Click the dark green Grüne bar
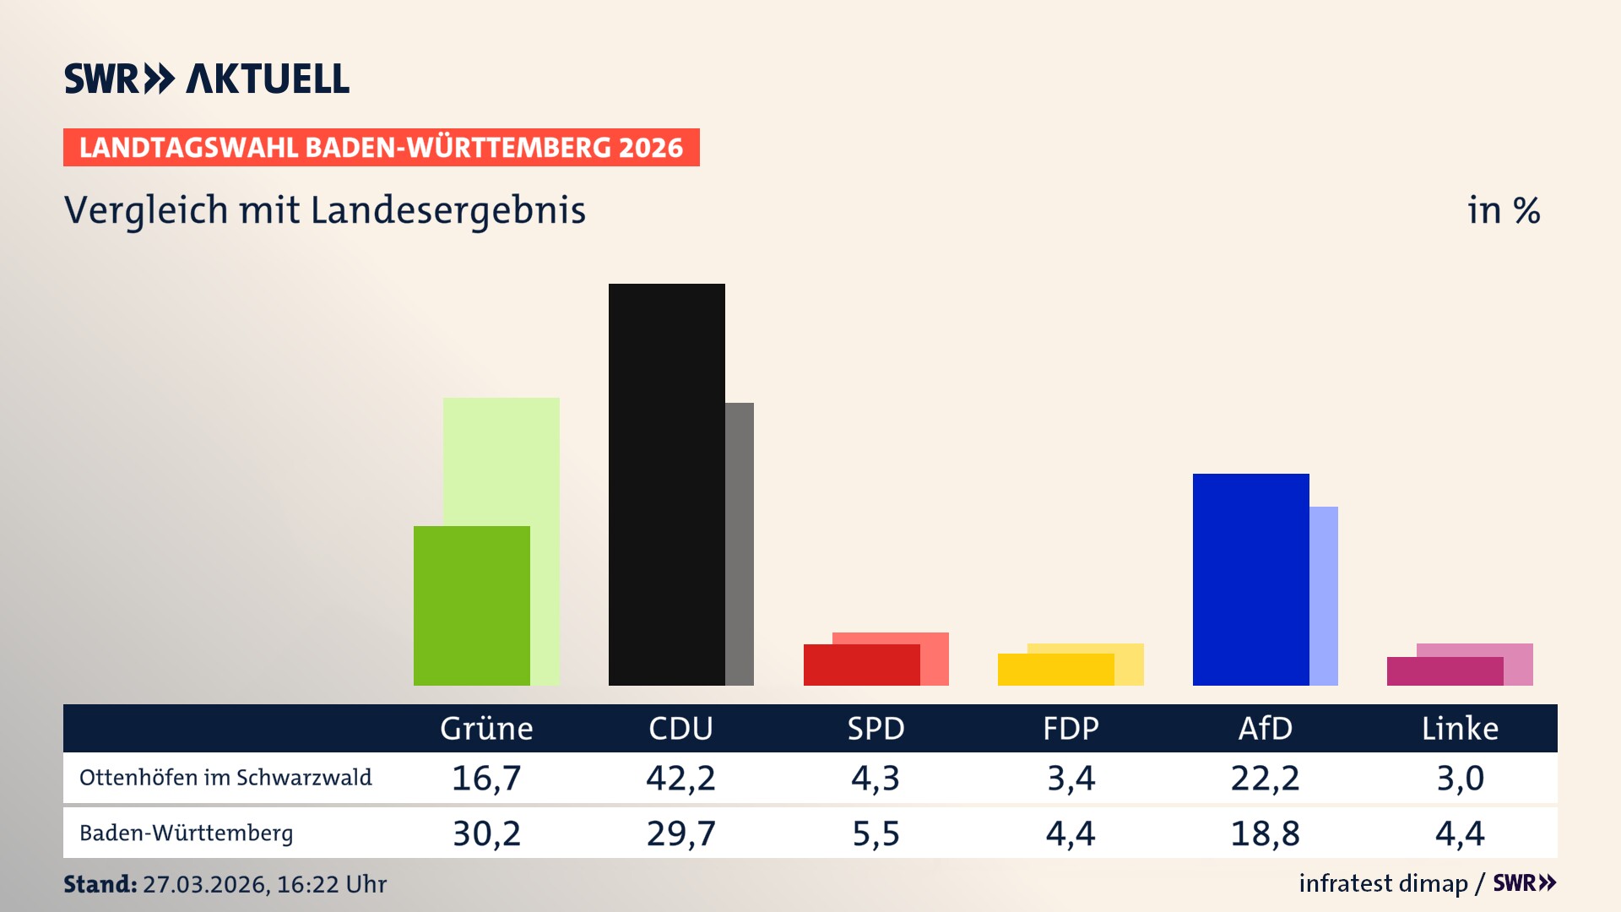(471, 605)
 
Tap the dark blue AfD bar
(1250, 579)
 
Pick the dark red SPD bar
(861, 665)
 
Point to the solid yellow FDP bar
(1055, 670)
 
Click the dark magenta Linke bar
(1445, 671)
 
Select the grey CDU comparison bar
(740, 544)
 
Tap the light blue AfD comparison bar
(1324, 595)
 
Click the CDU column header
(680, 729)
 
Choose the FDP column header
(1071, 729)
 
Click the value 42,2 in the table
(680, 778)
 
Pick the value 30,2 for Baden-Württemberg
(486, 833)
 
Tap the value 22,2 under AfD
(1265, 778)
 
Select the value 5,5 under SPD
(876, 833)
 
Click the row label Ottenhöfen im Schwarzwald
(225, 778)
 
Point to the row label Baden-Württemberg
(187, 833)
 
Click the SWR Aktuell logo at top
(207, 79)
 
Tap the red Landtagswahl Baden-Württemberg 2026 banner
(381, 148)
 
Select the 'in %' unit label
(1503, 210)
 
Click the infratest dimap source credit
(1383, 883)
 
